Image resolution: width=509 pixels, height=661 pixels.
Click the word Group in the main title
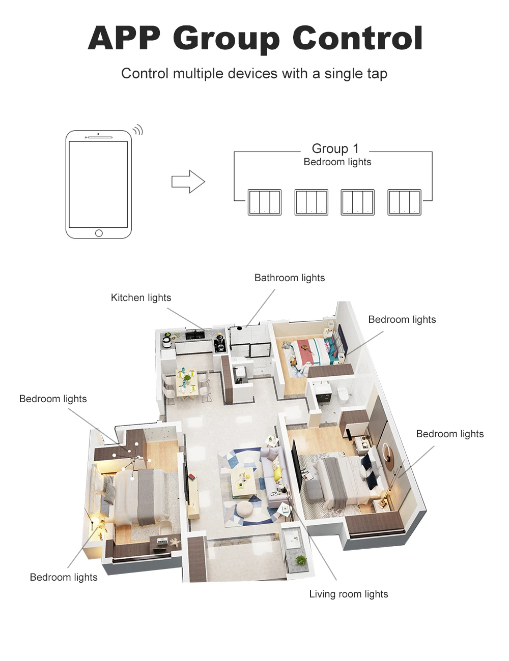coord(226,40)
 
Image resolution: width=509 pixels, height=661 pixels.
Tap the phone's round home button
coord(99,233)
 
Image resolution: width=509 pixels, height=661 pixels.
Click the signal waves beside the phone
coord(138,130)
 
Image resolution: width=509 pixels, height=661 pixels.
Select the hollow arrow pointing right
coord(188,182)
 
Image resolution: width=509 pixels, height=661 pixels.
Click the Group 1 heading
coord(335,148)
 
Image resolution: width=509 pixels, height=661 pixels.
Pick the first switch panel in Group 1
coord(265,202)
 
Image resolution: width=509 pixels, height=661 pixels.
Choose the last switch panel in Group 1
coord(404,202)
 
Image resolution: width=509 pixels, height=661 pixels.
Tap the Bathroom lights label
coord(290,278)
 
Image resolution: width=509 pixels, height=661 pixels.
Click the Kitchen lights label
coord(141,298)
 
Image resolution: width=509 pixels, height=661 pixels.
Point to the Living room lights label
coord(349,594)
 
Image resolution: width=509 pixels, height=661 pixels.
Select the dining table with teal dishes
coord(187,381)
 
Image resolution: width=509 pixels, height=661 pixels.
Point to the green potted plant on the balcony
coord(301,560)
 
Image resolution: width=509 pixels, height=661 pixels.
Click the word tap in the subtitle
coord(377,74)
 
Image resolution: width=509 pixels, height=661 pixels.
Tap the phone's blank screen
coord(98,185)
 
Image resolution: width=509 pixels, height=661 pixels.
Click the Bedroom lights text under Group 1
coord(337,162)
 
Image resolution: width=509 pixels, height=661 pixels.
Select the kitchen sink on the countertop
coord(194,335)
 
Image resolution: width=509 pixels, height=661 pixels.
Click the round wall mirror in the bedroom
coord(386,454)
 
